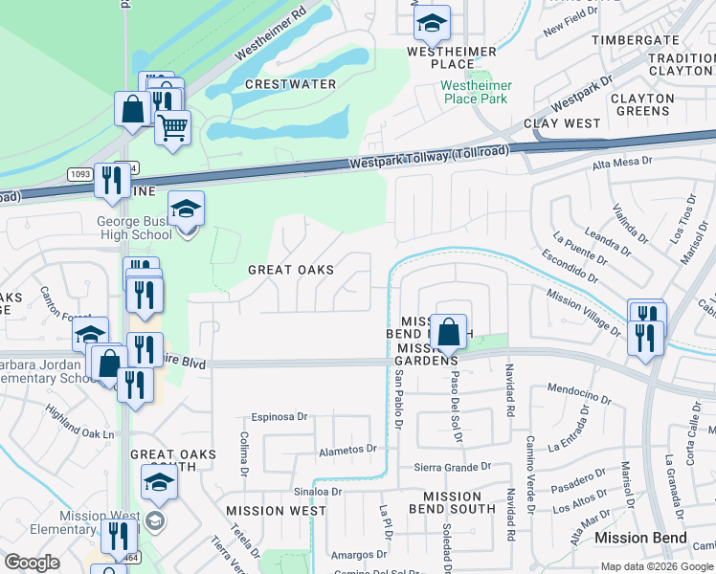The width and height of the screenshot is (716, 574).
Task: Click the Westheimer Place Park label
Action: [476, 92]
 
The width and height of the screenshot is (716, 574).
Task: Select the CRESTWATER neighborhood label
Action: [290, 84]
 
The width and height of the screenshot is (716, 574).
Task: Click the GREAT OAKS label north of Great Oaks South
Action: [291, 270]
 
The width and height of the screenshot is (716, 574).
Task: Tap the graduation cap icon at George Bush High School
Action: [187, 208]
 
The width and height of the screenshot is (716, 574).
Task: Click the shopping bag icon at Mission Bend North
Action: [448, 331]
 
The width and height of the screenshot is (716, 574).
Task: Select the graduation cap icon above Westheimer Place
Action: [432, 23]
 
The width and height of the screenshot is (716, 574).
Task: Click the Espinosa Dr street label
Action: [280, 417]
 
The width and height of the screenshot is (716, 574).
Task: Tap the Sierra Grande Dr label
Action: [452, 468]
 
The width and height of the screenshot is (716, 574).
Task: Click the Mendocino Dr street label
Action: [579, 392]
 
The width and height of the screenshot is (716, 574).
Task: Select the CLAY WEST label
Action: [562, 123]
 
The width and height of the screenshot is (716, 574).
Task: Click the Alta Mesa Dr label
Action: [622, 164]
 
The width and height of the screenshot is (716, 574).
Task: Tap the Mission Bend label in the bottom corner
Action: [640, 538]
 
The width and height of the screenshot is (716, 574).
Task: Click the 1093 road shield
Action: [80, 174]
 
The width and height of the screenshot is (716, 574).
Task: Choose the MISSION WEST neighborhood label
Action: [269, 511]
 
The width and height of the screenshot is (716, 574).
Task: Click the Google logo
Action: [33, 563]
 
